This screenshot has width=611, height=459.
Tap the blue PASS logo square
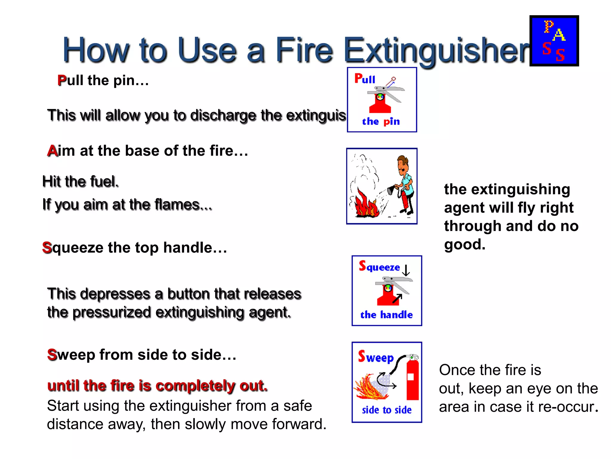pos(554,41)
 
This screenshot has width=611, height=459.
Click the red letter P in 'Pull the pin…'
pos(62,80)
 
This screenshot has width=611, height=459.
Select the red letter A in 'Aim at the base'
pos(52,151)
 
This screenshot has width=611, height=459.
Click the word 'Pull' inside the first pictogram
pos(365,79)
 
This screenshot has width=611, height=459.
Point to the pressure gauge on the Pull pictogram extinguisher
pos(380,97)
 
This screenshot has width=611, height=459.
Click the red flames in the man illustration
pos(365,205)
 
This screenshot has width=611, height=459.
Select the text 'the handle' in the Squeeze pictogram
pos(386,315)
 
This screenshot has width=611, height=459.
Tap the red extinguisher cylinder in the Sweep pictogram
pos(413,380)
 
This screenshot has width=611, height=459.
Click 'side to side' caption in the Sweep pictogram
pos(387,410)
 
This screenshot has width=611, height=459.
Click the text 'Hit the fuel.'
pos(81,181)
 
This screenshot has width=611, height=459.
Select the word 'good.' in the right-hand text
pos(465,244)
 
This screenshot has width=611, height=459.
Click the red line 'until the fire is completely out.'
pos(157,385)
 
